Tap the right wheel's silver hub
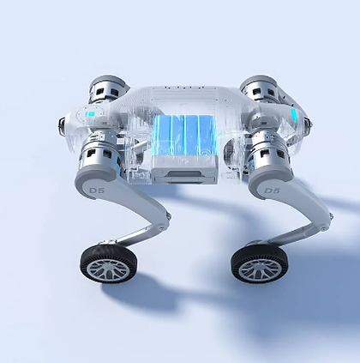(x=260, y=269)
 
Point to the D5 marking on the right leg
(x=272, y=191)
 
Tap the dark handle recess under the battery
(x=183, y=172)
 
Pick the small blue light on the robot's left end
(x=90, y=114)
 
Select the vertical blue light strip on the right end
(x=294, y=116)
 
